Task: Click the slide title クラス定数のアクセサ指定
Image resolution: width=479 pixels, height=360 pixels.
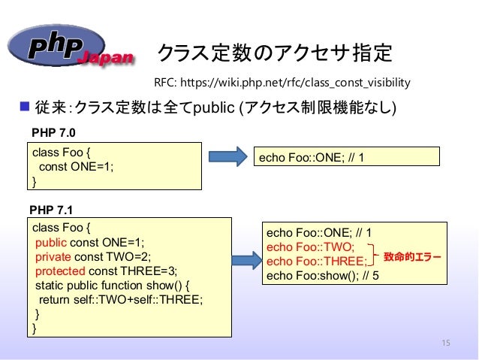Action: [274, 53]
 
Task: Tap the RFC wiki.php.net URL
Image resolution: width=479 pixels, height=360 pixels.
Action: [282, 80]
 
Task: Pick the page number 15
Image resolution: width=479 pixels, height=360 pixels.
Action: [446, 343]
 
